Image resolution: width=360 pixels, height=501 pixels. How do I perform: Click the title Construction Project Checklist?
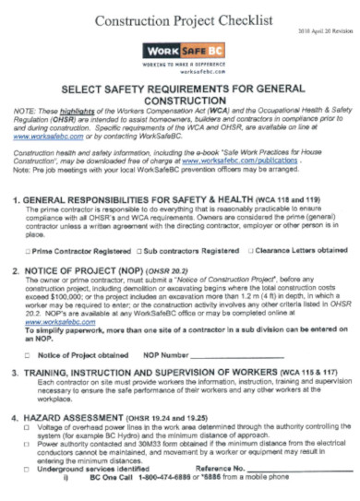coord(180,19)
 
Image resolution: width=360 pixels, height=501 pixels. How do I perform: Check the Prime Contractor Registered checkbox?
coord(28,250)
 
